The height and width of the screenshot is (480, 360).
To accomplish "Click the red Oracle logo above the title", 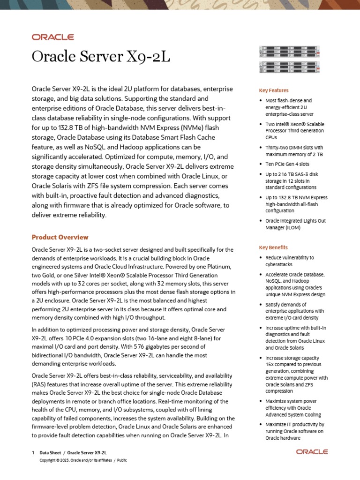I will (x=52, y=37).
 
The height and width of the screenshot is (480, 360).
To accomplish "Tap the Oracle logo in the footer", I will (x=312, y=452).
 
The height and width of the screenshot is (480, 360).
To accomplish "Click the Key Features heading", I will (x=274, y=90).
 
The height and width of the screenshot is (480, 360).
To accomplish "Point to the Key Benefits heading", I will (x=273, y=247).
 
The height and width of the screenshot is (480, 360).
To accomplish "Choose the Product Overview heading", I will (x=60, y=237).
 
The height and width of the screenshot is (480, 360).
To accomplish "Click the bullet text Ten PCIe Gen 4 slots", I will (x=287, y=164).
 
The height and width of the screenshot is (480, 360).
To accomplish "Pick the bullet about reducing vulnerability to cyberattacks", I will (x=289, y=261).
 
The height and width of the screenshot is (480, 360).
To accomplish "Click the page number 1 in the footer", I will (x=33, y=453).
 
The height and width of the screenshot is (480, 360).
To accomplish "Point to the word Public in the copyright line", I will (x=121, y=460).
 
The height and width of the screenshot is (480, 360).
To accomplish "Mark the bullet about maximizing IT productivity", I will (x=294, y=431).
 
